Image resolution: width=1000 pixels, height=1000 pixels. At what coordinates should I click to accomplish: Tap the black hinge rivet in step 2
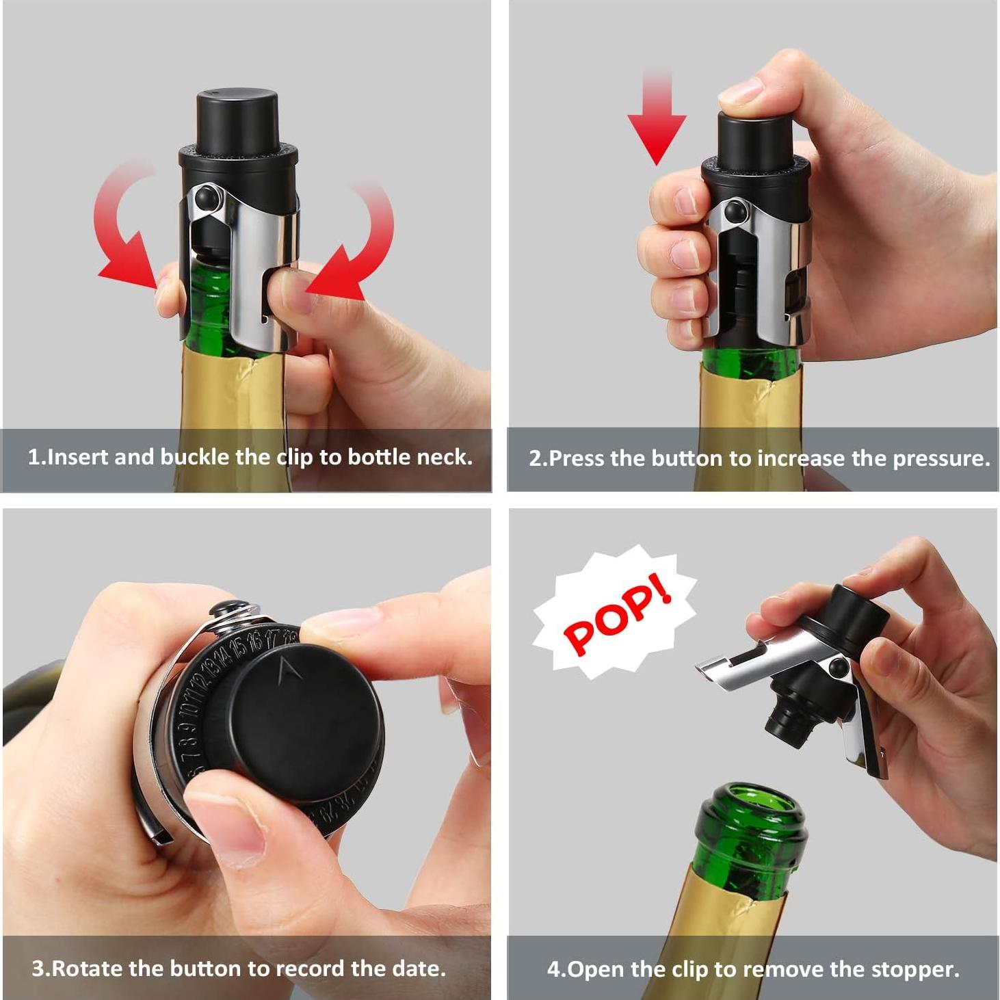pyautogui.click(x=736, y=210)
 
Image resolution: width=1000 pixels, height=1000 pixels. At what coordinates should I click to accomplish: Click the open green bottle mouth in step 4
pyautogui.click(x=752, y=807)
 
